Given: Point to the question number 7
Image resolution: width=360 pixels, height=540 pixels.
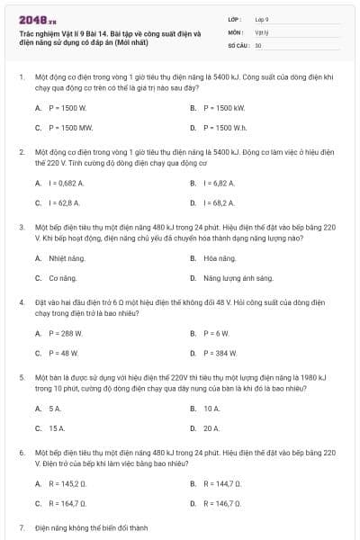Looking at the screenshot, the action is pyautogui.click(x=22, y=527).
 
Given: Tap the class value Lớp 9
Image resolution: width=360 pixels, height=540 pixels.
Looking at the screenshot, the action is pyautogui.click(x=262, y=19).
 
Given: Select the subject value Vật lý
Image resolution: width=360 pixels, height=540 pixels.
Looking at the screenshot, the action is pyautogui.click(x=261, y=31).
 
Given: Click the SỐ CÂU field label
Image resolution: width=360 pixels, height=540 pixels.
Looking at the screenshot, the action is pyautogui.click(x=239, y=44).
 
